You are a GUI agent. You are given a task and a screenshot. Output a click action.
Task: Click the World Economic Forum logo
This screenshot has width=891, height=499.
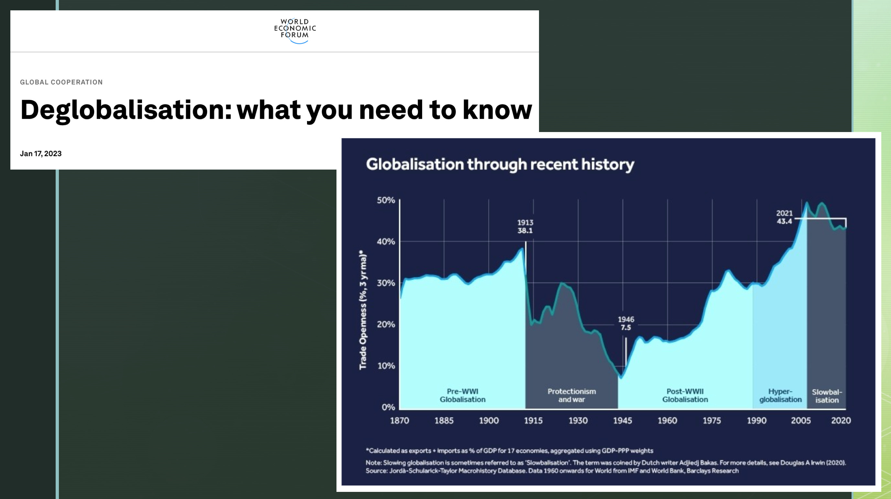(x=295, y=30)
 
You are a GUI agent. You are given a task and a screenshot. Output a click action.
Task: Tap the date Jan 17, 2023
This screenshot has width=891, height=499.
(x=41, y=154)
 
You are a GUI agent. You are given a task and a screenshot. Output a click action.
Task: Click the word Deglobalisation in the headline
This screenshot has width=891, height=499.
(x=126, y=110)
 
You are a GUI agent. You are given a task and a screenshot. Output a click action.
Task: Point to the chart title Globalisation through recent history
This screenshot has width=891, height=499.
(x=500, y=164)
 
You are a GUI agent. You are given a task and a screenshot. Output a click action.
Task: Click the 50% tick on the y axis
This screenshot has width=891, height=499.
(x=386, y=200)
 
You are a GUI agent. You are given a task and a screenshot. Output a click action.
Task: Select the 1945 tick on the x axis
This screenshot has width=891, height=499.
(x=622, y=421)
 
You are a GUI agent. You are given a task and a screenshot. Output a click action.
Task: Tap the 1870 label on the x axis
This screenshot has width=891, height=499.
(x=400, y=421)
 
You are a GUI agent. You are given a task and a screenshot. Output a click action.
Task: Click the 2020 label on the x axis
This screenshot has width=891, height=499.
(x=841, y=421)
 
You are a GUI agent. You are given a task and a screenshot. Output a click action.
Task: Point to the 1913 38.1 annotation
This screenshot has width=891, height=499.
(x=525, y=227)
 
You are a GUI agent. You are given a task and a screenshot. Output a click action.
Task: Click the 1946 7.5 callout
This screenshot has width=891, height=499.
(x=626, y=324)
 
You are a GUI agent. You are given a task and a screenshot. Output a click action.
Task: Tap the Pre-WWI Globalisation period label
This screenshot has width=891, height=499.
(x=462, y=395)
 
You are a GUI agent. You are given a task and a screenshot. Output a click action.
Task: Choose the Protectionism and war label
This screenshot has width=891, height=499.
(x=571, y=395)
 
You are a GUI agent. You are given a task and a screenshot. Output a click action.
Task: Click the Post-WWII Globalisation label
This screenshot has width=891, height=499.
(x=685, y=395)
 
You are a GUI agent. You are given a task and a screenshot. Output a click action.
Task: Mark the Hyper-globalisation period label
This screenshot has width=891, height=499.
(x=780, y=395)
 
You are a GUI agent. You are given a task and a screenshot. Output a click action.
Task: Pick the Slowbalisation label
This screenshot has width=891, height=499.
(x=827, y=396)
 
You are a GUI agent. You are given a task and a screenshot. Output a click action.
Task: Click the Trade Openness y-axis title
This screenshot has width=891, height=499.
(x=363, y=310)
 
